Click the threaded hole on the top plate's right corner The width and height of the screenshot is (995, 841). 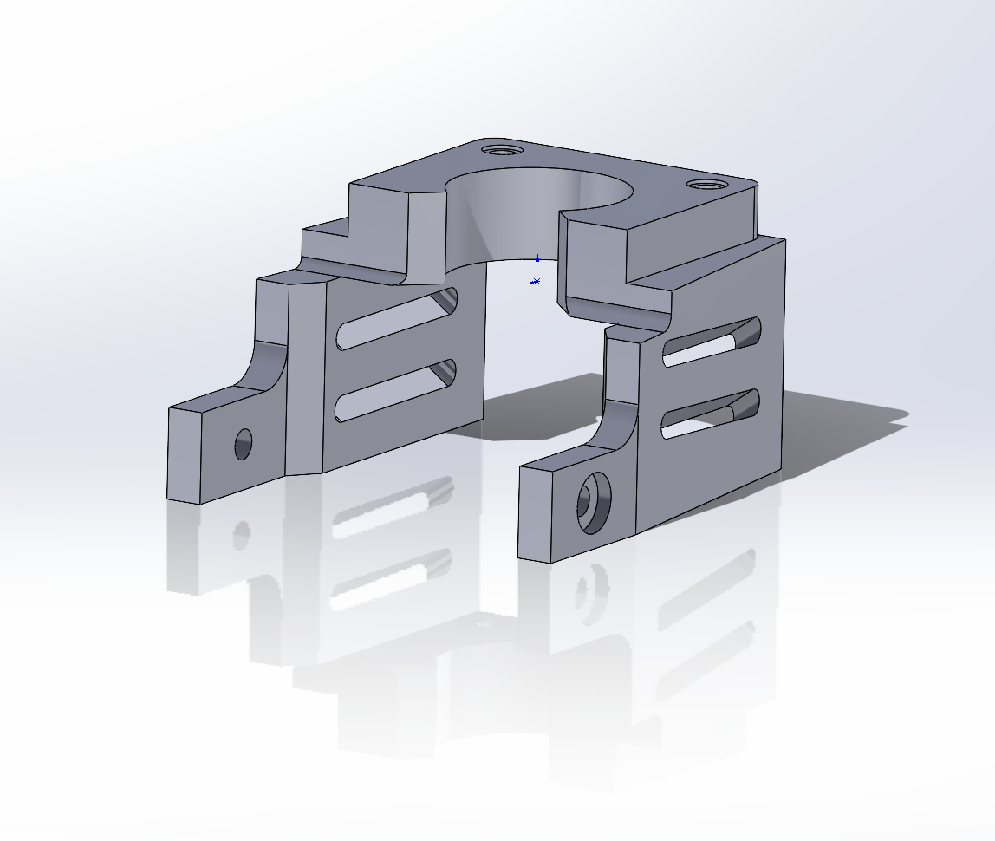706,185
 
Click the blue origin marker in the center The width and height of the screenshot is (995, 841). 537,271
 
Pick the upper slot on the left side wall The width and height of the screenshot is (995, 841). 399,318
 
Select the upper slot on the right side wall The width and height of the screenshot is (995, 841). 712,342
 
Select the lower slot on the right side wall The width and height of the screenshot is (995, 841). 711,414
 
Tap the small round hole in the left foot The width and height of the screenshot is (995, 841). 243,444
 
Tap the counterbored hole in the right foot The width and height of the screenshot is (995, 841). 594,503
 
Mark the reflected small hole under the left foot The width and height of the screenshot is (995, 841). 242,533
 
